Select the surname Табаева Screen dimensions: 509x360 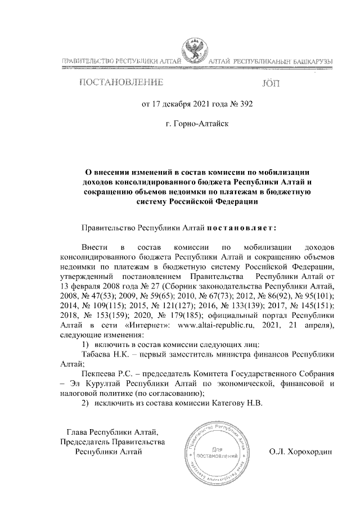click(x=99, y=354)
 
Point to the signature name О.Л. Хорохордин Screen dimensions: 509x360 click(x=301, y=451)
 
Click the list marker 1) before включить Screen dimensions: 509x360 click(x=86, y=344)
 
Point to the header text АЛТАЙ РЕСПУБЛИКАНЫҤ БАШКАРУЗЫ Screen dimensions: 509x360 click(x=270, y=60)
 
